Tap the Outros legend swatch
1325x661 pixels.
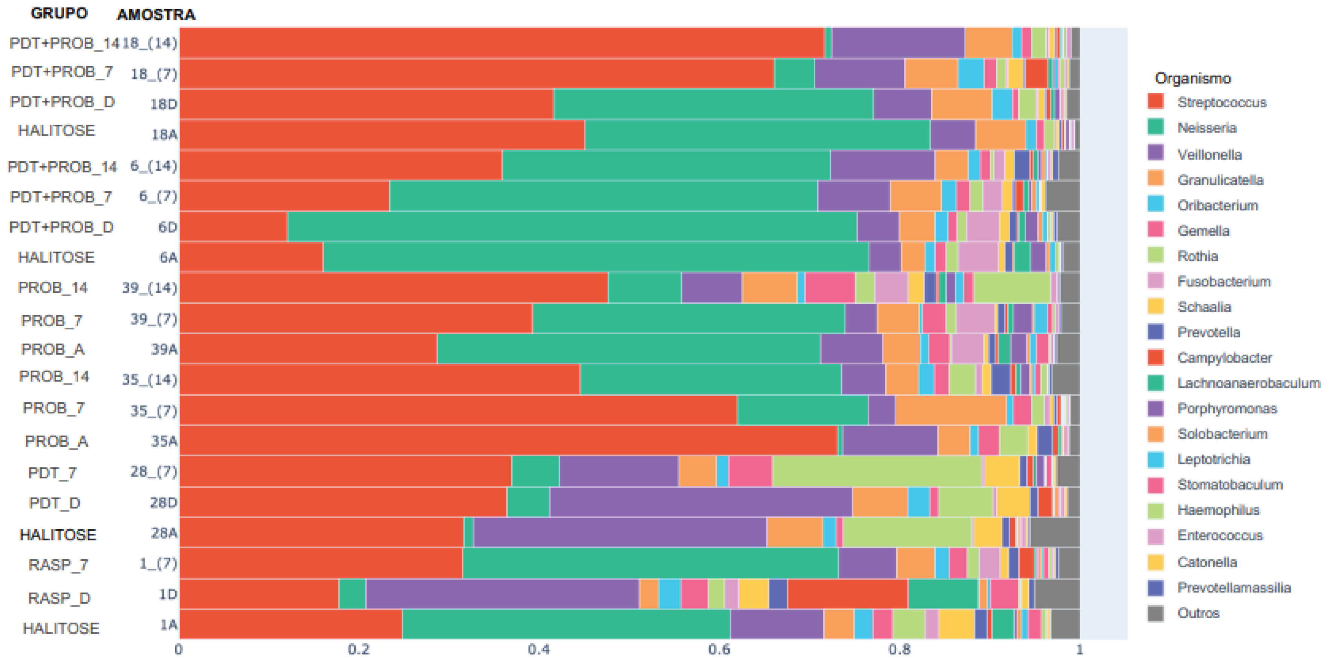tap(1155, 613)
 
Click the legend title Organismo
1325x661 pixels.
tap(1192, 78)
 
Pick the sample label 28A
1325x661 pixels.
tap(164, 533)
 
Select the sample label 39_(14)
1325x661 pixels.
tap(149, 288)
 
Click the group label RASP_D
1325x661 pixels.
tap(59, 598)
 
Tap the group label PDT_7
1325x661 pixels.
tap(52, 473)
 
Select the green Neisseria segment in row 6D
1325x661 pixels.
tap(571, 226)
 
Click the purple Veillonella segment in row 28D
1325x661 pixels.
tap(699, 502)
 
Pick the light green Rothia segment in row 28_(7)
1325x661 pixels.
tap(877, 471)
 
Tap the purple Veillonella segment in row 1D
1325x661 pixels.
tap(501, 594)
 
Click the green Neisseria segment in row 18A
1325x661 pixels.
tap(756, 134)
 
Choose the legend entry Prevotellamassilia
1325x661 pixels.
tap(1234, 588)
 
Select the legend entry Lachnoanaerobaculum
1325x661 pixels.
tap(1248, 383)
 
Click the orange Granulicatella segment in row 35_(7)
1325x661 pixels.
tap(950, 410)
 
